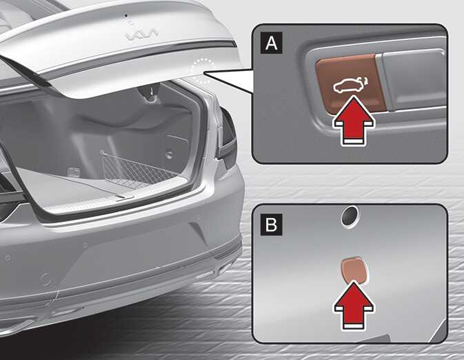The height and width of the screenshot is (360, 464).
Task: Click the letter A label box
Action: (x=272, y=43)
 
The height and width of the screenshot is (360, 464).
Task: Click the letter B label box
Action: (x=272, y=224)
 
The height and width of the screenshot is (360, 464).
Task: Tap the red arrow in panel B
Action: (x=354, y=306)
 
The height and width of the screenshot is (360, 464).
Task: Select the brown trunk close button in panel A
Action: (x=351, y=83)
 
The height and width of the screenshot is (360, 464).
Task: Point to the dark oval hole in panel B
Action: (x=350, y=217)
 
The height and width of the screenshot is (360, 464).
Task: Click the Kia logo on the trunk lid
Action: (x=142, y=34)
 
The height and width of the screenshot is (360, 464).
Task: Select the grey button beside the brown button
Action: (x=414, y=79)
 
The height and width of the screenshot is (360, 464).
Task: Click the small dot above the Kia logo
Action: (x=126, y=14)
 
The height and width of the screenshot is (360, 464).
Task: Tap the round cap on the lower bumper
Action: (x=46, y=279)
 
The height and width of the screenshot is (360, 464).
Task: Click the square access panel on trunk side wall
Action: (x=176, y=147)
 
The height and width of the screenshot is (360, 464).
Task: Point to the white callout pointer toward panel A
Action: (x=228, y=80)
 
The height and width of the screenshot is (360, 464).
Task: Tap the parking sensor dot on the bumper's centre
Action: (x=85, y=246)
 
